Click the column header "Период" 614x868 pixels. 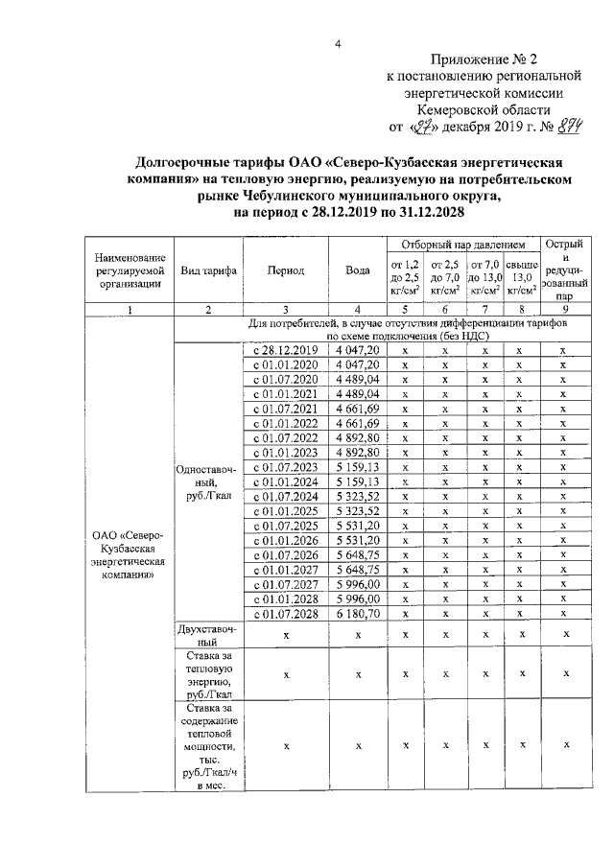tap(286, 270)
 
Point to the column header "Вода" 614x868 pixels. tap(358, 270)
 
